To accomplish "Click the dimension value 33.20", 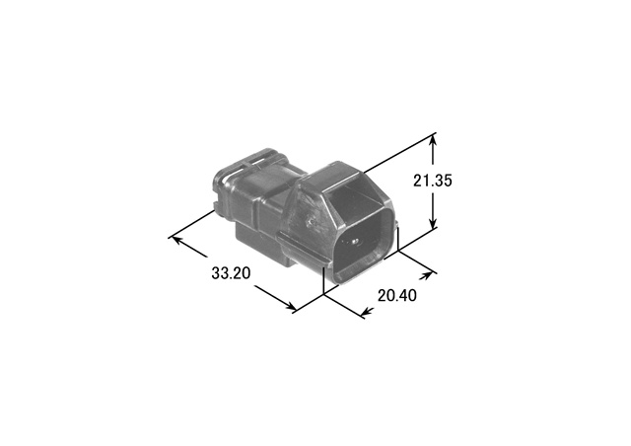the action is coord(231,273).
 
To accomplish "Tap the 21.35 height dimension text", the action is coord(433,181).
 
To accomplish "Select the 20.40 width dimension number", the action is coord(397,296).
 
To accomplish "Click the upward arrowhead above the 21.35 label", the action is coord(433,141).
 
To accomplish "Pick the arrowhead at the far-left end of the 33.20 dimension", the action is coord(177,240).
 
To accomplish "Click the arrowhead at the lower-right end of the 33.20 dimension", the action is coord(290,306).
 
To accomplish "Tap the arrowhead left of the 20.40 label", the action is coord(368,311).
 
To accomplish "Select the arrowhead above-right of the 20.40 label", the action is coord(426,275).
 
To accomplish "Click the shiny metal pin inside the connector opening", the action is coord(354,242).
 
